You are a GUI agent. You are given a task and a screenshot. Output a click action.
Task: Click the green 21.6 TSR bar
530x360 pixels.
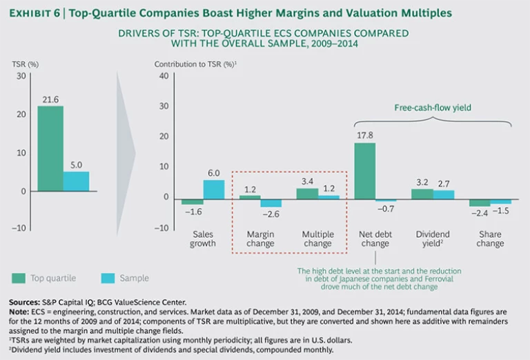[50, 148]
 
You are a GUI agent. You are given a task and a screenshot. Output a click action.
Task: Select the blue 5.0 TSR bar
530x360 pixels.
[76, 181]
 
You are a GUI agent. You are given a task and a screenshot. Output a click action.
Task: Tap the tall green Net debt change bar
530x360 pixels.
[364, 170]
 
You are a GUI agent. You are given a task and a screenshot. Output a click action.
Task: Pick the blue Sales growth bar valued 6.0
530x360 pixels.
[214, 188]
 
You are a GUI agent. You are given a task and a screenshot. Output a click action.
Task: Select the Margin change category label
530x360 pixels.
[260, 239]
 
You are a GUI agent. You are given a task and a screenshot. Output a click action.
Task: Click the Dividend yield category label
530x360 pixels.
[433, 239]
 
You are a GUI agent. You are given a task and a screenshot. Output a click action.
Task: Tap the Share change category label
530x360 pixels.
[490, 239]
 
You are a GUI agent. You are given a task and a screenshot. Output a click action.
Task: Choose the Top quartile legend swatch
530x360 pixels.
[19, 279]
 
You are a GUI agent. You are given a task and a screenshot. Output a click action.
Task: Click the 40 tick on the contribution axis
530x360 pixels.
[164, 75]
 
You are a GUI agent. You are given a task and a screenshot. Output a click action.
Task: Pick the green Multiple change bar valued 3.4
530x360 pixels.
[307, 194]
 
